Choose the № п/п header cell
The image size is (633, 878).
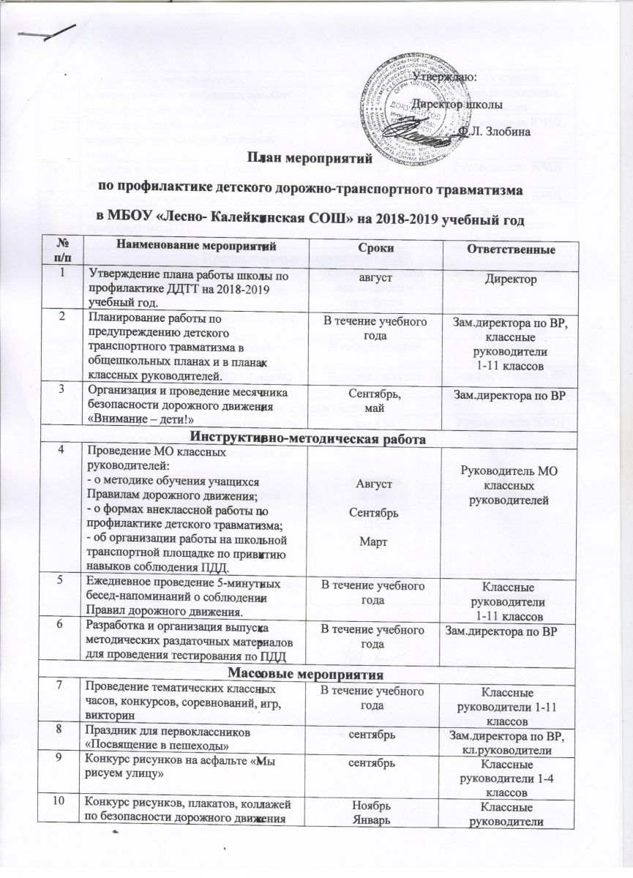point(64,250)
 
